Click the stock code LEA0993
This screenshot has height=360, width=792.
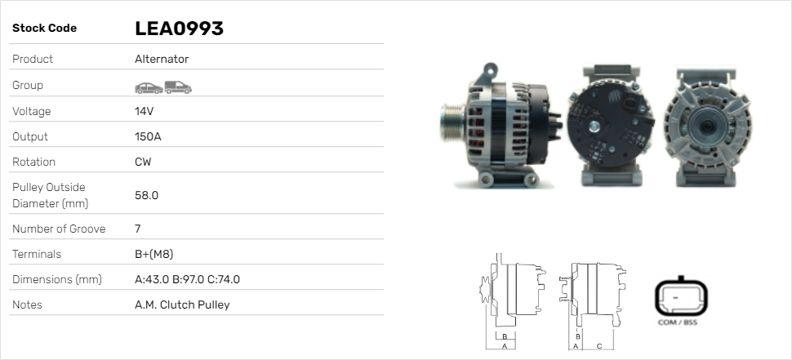click(179, 29)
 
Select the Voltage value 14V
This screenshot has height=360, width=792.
click(144, 111)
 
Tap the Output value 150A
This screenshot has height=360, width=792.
click(148, 136)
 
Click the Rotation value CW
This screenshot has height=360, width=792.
click(143, 162)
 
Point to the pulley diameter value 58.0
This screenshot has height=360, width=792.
click(146, 195)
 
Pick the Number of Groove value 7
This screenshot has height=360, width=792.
click(138, 229)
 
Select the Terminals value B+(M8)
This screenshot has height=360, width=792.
click(154, 254)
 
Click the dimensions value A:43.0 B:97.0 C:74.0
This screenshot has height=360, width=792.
click(188, 279)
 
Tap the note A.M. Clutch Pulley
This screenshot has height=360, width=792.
click(182, 304)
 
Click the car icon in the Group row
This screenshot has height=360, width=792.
click(149, 88)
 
